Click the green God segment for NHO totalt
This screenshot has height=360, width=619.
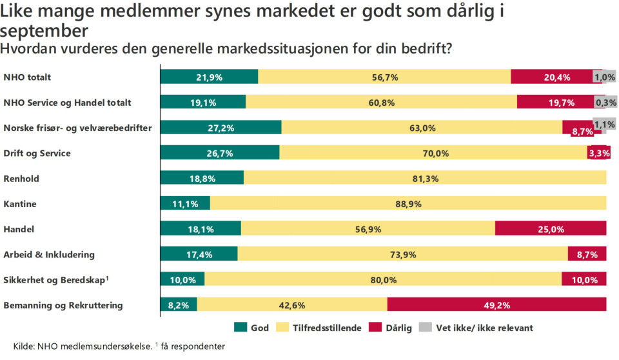[x=209, y=77]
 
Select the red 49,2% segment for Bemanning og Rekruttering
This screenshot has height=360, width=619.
[x=496, y=305]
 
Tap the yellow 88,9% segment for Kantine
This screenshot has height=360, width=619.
[x=408, y=203]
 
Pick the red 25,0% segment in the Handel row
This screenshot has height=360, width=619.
[x=551, y=228]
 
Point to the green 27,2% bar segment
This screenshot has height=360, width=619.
[x=221, y=128]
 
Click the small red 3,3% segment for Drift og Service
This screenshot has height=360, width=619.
[x=597, y=153]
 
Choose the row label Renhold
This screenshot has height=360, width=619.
[x=20, y=179]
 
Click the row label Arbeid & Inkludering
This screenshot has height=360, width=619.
[x=49, y=254]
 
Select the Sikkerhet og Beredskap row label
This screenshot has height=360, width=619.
[x=55, y=279]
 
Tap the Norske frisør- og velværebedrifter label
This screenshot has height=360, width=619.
[x=77, y=128]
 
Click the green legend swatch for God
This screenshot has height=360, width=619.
[x=241, y=328]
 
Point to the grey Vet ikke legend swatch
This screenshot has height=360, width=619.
[x=426, y=328]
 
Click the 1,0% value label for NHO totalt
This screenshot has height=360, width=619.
[x=605, y=77]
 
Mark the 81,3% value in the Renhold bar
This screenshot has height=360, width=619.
[x=425, y=178]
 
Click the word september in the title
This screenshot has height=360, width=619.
[x=44, y=30]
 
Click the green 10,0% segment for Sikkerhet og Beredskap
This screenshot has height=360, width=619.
[x=182, y=279]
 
